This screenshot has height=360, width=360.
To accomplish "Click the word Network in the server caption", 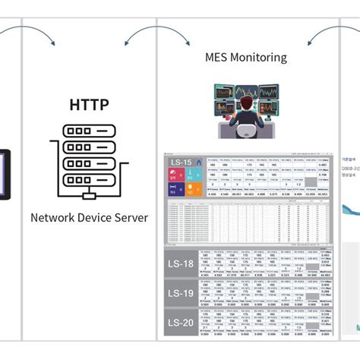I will tap(54, 217).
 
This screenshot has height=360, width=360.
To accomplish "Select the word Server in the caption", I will tap(130, 217).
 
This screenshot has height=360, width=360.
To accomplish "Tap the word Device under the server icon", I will tap(94, 217).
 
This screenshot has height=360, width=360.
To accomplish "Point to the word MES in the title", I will tap(218, 57).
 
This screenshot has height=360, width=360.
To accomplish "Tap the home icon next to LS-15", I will tap(197, 162).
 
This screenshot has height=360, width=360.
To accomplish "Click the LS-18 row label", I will tap(181, 264).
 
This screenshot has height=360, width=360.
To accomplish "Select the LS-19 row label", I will tap(181, 293).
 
